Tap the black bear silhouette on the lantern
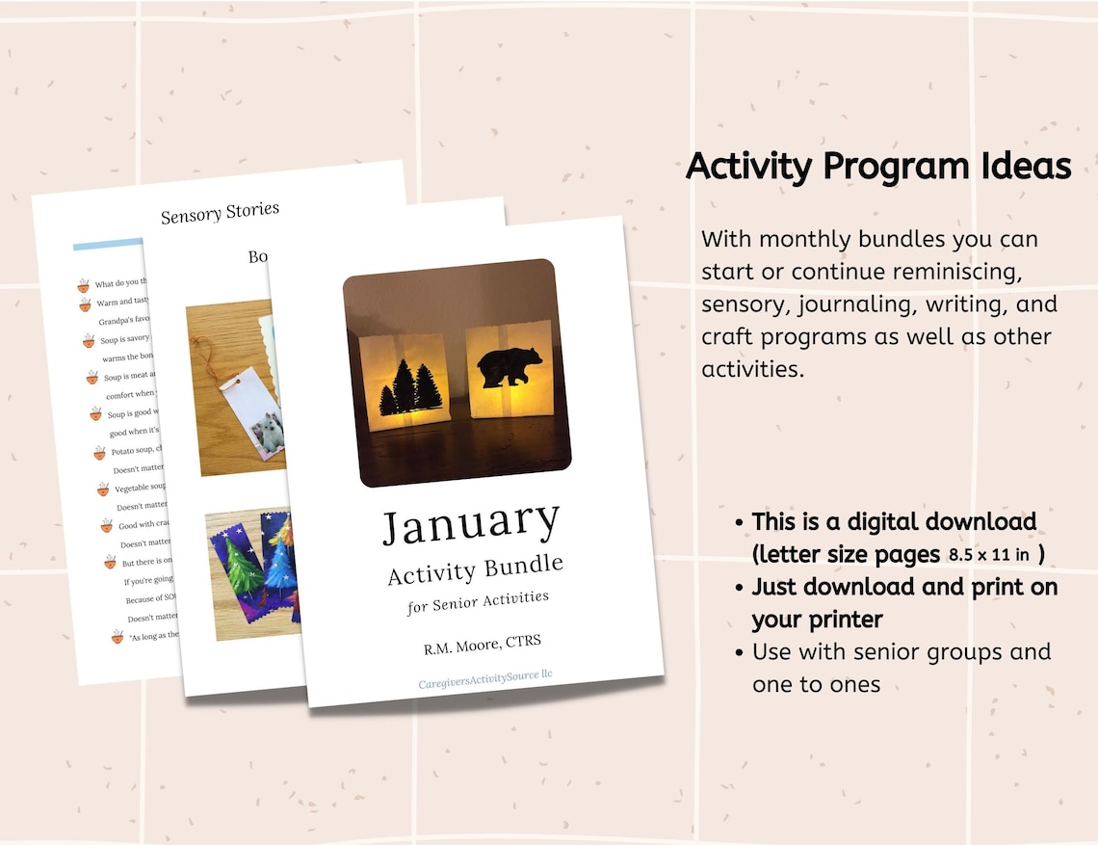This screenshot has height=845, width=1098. (x=510, y=370)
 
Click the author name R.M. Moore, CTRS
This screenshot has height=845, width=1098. (x=489, y=644)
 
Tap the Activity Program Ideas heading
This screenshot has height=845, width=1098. (x=878, y=167)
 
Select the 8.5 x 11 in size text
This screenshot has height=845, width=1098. (x=988, y=555)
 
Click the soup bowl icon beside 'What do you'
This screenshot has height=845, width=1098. (x=84, y=284)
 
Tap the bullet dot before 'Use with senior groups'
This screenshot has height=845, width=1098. (x=739, y=652)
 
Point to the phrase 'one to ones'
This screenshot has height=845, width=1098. (x=816, y=684)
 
